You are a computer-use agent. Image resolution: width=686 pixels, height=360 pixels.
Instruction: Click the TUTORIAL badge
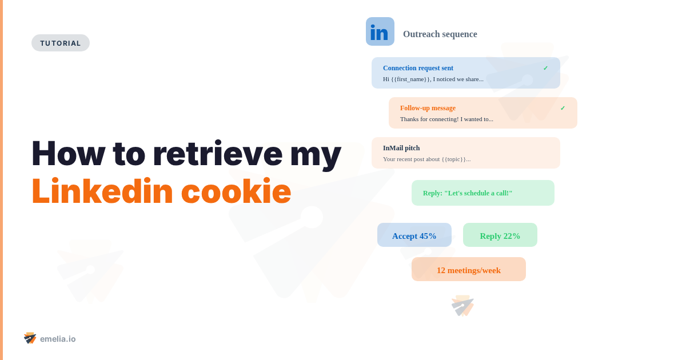click(61, 43)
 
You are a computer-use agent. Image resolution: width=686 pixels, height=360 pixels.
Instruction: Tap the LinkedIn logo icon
click(380, 31)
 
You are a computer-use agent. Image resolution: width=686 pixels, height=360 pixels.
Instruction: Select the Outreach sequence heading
click(440, 34)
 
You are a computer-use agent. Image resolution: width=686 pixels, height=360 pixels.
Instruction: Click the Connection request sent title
click(418, 68)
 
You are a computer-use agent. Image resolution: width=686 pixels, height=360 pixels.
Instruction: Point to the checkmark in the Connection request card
click(545, 68)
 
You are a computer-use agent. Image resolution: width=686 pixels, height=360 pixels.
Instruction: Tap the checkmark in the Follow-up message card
click(563, 108)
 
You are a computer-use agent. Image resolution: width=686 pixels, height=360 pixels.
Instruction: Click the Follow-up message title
click(428, 108)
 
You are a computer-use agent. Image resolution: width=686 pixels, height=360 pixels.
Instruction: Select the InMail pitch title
click(401, 148)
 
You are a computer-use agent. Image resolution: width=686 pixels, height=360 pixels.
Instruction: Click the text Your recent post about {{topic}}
click(426, 159)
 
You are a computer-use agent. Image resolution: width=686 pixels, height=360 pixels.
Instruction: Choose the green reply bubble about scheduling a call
click(482, 193)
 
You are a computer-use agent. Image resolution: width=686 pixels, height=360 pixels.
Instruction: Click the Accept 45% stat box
click(414, 235)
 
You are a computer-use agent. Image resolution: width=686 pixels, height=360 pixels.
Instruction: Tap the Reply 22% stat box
click(500, 235)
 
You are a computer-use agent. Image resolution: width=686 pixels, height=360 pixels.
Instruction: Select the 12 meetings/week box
click(469, 270)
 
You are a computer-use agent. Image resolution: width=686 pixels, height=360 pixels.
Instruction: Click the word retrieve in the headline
click(217, 153)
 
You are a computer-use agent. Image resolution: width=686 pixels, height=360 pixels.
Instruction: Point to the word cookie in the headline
click(236, 191)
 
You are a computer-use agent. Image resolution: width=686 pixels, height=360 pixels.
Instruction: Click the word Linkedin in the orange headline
click(102, 191)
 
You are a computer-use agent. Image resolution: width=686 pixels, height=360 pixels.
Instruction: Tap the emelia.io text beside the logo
click(58, 339)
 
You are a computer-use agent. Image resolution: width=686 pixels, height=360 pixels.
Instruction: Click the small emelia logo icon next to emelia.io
click(30, 338)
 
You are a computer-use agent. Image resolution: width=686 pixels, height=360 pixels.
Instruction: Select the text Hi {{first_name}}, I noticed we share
click(433, 79)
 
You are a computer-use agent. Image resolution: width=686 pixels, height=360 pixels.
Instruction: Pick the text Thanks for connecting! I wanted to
click(446, 119)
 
